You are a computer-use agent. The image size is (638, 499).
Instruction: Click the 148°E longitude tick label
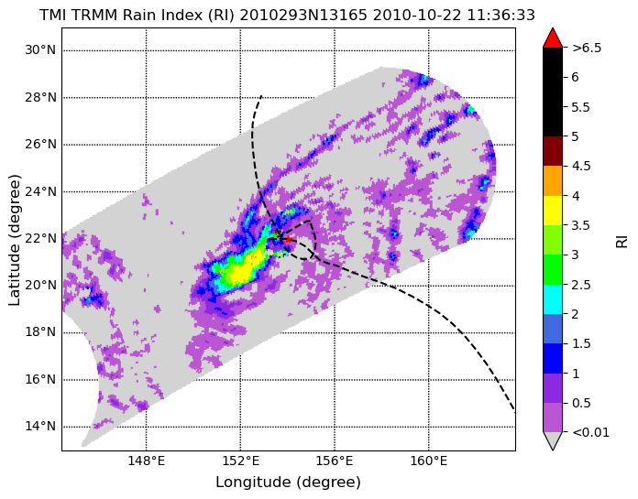coord(146,461)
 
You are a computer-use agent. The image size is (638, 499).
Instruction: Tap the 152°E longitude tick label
coord(240,461)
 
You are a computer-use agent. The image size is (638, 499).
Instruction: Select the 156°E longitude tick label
coord(335,461)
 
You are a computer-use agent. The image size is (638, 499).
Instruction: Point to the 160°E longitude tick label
coord(429,461)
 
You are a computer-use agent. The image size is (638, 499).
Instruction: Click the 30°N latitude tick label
coord(40,50)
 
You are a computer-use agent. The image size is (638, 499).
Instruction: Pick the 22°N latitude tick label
coord(40,239)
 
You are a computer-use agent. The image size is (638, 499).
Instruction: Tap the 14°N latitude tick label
coord(40,427)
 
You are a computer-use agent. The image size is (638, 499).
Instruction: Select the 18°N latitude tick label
coord(40,332)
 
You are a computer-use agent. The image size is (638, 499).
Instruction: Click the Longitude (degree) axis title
coord(288,483)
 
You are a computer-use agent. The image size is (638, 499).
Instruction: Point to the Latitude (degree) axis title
coord(14,240)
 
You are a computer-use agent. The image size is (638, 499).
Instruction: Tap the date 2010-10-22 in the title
coord(417,16)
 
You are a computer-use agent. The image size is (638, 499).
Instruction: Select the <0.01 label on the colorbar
coord(591,432)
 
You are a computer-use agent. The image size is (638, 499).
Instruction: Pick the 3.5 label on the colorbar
coord(580,225)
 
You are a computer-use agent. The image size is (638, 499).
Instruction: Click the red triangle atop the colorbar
coord(553,38)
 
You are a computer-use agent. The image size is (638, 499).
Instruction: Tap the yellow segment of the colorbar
coord(553,211)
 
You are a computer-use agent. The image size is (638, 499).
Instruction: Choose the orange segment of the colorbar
coord(553,180)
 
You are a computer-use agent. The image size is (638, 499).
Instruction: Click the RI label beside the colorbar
coord(622,240)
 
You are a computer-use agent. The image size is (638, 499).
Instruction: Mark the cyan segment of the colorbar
coord(553,299)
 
